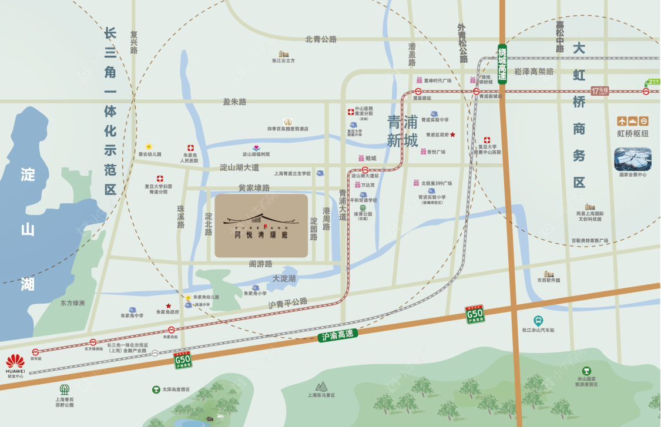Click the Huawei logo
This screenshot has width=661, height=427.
tap(15, 360)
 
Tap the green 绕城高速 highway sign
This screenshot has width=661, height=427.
tap(502, 63)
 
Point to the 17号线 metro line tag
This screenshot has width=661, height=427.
tap(600, 90)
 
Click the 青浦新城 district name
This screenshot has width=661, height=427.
tap(402, 131)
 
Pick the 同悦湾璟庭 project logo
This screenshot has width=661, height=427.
tap(261, 226)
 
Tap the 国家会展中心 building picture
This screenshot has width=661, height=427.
tap(632, 159)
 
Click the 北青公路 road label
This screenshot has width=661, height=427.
tap(321, 39)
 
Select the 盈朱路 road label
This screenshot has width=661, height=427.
tap(234, 102)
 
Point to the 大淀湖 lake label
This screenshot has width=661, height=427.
tap(284, 278)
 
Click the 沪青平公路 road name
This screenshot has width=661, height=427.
tap(288, 303)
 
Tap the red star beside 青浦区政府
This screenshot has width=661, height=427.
tap(452, 135)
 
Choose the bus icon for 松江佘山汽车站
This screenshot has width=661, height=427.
tap(538, 321)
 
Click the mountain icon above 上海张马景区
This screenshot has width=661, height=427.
tap(321, 386)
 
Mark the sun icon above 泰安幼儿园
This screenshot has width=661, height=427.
tap(149, 146)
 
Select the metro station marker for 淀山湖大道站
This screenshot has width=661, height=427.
tap(365, 169)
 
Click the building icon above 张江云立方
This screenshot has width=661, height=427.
tap(284, 53)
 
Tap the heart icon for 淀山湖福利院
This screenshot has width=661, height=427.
tap(256, 147)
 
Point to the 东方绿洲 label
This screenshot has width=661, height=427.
tap(72, 303)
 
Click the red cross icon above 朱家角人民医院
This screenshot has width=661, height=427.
tap(190, 148)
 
